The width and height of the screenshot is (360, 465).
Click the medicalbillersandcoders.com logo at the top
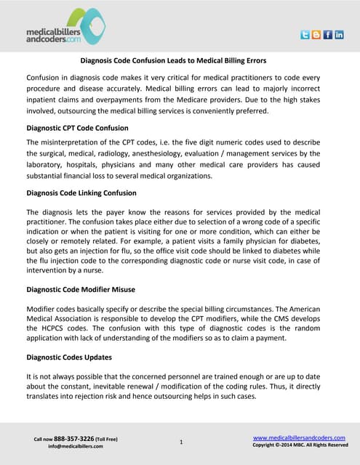(65, 27)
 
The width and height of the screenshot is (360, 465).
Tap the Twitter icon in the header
(305, 35)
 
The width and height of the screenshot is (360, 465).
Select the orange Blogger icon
(316, 35)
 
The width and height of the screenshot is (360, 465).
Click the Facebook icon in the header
(328, 35)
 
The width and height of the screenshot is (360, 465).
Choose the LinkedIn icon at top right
(340, 35)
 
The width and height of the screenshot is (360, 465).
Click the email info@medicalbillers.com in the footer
(76, 446)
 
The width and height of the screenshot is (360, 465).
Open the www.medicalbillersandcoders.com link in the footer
(300, 437)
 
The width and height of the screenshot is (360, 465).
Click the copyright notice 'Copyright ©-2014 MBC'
(300, 445)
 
